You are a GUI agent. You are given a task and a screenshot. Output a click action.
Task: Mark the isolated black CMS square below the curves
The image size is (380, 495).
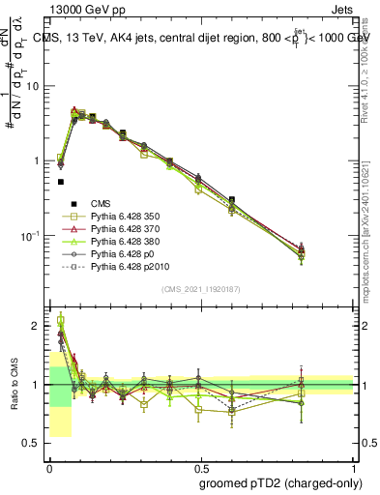pos(60,181)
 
